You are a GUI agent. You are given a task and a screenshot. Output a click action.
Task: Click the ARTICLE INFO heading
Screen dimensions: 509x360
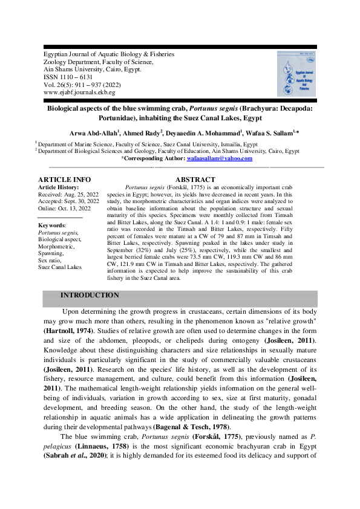click(x=64, y=180)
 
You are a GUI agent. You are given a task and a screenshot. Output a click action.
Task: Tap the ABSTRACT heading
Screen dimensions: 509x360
click(x=195, y=180)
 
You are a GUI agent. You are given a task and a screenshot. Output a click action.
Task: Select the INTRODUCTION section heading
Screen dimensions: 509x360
click(x=90, y=295)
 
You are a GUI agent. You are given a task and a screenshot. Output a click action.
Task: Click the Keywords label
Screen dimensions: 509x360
click(x=51, y=225)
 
